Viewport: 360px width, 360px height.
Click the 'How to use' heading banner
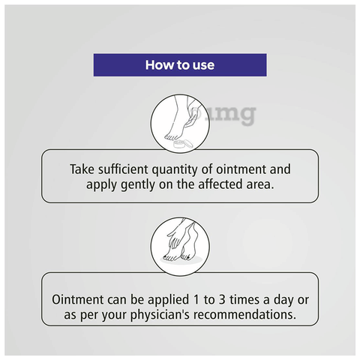pos(180,64)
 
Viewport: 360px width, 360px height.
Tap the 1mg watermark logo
pos(223,115)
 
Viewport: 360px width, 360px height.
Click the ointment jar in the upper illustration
pos(183,145)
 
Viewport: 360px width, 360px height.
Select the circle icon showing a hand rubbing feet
pos(180,247)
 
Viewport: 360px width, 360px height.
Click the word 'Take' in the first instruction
pos(82,169)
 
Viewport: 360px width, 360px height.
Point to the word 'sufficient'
pos(123,169)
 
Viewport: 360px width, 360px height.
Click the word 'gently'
pos(138,185)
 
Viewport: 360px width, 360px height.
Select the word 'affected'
pos(220,184)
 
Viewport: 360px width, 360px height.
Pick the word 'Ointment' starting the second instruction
pos(78,299)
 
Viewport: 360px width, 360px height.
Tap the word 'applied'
pos(169,301)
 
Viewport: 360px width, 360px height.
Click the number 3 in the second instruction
pos(222,300)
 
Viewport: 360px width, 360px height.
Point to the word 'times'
pos(244,300)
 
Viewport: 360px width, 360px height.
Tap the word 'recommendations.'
pos(244,315)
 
